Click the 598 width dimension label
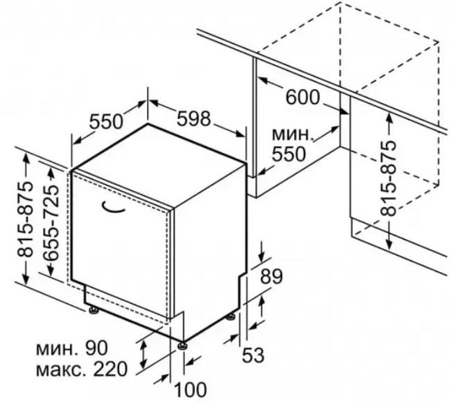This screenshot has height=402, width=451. (x=193, y=118)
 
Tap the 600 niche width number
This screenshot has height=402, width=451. (x=302, y=97)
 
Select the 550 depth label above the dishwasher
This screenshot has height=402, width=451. (x=106, y=121)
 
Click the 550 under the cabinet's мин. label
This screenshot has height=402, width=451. (x=289, y=154)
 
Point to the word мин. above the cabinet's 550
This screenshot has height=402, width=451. (x=292, y=134)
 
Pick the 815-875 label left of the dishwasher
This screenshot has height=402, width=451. (x=25, y=219)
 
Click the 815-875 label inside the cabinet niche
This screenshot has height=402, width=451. (x=388, y=178)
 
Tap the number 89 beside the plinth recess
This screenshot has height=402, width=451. (x=271, y=276)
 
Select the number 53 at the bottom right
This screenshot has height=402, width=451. (x=253, y=355)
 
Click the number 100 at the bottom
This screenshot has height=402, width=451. (x=191, y=390)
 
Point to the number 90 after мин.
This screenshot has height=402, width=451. (x=96, y=348)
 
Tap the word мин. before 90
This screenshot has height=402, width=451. (x=57, y=349)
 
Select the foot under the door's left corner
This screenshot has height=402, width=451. (x=94, y=310)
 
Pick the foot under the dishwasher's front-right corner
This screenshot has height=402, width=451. (x=182, y=345)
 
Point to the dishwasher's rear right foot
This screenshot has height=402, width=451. (x=230, y=317)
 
